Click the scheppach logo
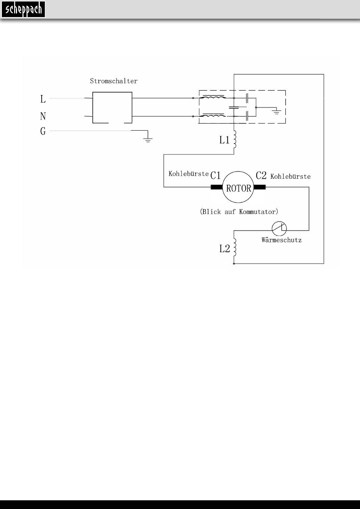(x=23, y=9)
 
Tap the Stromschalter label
(x=114, y=81)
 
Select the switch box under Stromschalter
(x=112, y=92)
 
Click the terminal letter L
(x=43, y=99)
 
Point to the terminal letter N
(x=43, y=116)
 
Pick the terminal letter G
(x=43, y=131)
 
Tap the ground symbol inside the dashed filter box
(x=277, y=112)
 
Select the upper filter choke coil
(x=213, y=97)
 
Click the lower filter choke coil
(x=213, y=116)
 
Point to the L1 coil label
(x=224, y=140)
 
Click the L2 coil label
(x=224, y=249)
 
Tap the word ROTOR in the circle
(x=239, y=188)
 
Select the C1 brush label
(x=215, y=175)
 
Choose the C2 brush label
(x=261, y=175)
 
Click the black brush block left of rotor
(x=217, y=187)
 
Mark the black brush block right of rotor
(x=260, y=187)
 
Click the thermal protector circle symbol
(x=279, y=229)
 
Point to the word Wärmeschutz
(x=282, y=240)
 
